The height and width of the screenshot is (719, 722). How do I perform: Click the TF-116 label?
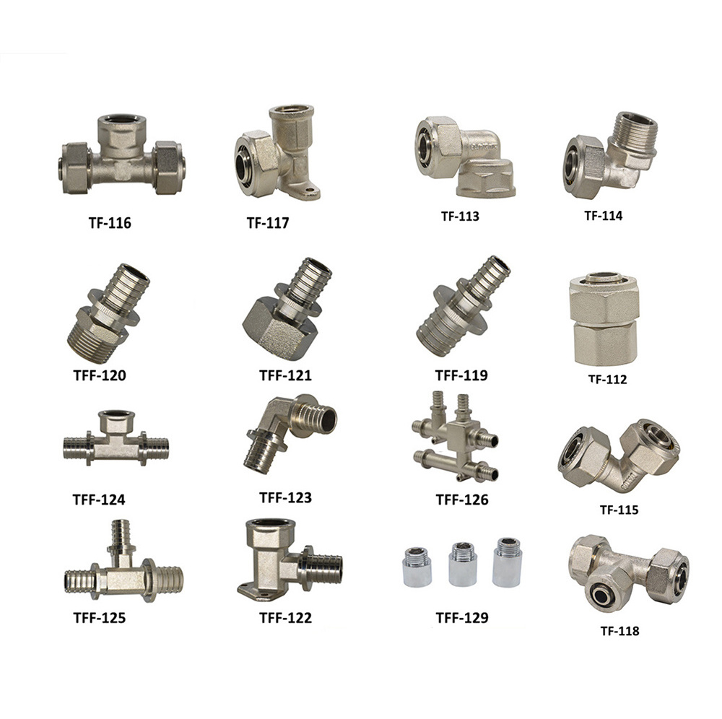coord(110,223)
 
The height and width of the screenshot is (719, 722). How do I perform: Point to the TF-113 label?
coord(460,217)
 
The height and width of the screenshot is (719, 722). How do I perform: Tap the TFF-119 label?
coord(461,375)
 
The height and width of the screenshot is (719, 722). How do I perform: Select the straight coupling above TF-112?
coord(603,319)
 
